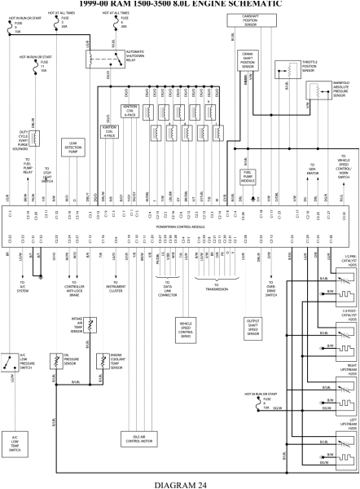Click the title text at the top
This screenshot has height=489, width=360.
179,3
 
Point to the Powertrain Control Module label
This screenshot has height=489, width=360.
179,227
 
